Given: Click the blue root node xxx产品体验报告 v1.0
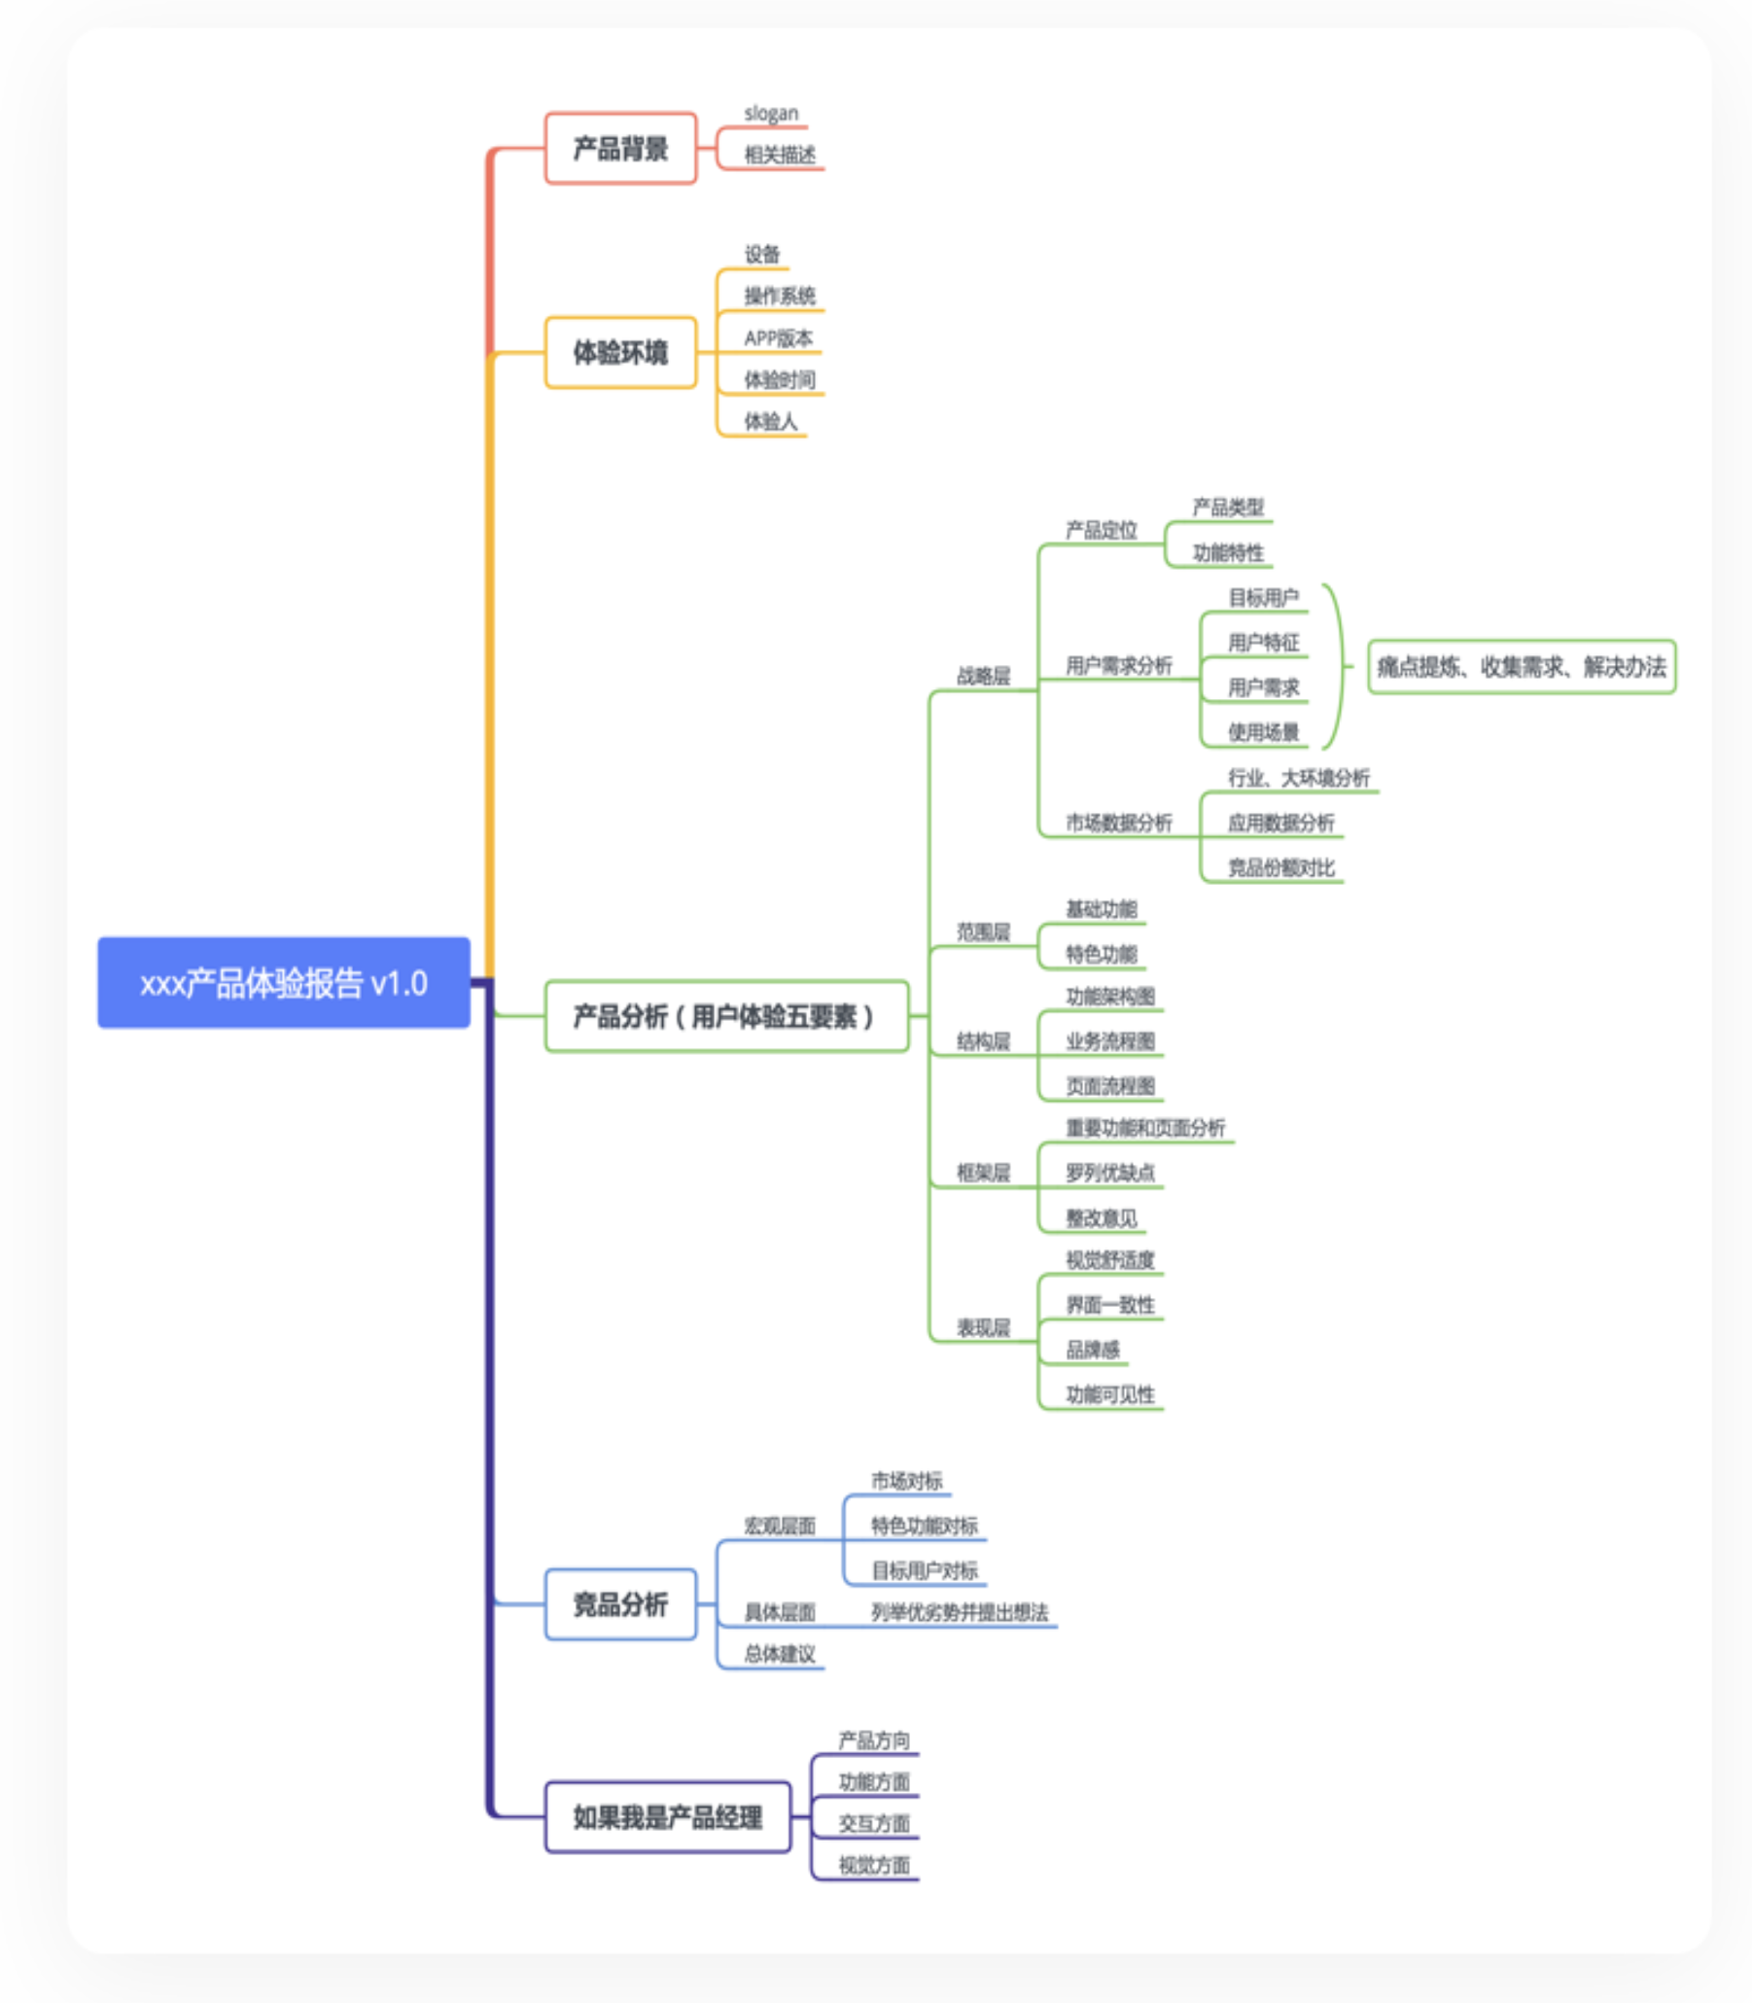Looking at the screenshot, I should (284, 982).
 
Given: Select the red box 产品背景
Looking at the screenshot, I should (620, 149).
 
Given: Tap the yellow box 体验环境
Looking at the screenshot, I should (620, 352).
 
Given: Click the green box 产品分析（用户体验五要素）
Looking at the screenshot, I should (725, 1016).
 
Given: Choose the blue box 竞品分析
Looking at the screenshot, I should (620, 1604).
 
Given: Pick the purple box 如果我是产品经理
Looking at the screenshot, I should (667, 1817).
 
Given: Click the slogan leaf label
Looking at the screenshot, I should (770, 114).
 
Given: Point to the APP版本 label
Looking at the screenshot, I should (778, 338).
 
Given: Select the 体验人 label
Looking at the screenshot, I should (770, 421).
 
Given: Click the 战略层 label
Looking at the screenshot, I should (983, 676).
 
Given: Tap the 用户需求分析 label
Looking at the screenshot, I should (1118, 666).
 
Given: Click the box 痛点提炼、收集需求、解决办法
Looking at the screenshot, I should (1522, 667).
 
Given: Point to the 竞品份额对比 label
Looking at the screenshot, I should (1280, 867).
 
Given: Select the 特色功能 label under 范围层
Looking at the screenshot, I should (1101, 954).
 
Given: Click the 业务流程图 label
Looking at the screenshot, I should (1109, 1041).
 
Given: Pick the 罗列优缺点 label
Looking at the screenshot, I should (1109, 1172).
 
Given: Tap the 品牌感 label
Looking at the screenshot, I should (1092, 1350).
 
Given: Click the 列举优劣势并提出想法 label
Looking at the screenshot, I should (959, 1612).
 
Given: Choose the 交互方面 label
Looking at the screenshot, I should (873, 1823).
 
